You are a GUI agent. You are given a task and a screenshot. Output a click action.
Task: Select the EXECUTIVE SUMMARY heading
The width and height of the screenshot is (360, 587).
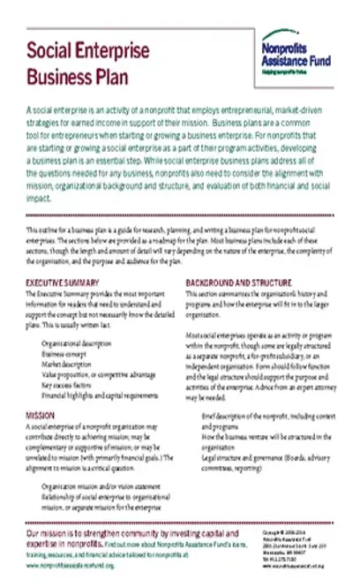point(63,282)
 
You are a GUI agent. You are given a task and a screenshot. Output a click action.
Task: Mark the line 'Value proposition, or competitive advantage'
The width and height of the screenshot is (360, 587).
point(99,369)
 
